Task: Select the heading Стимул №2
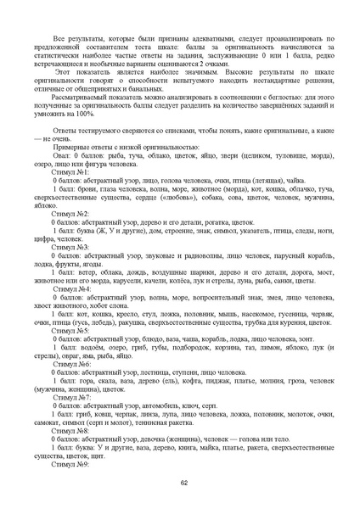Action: click(x=70, y=214)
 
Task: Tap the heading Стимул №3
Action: click(x=70, y=247)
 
